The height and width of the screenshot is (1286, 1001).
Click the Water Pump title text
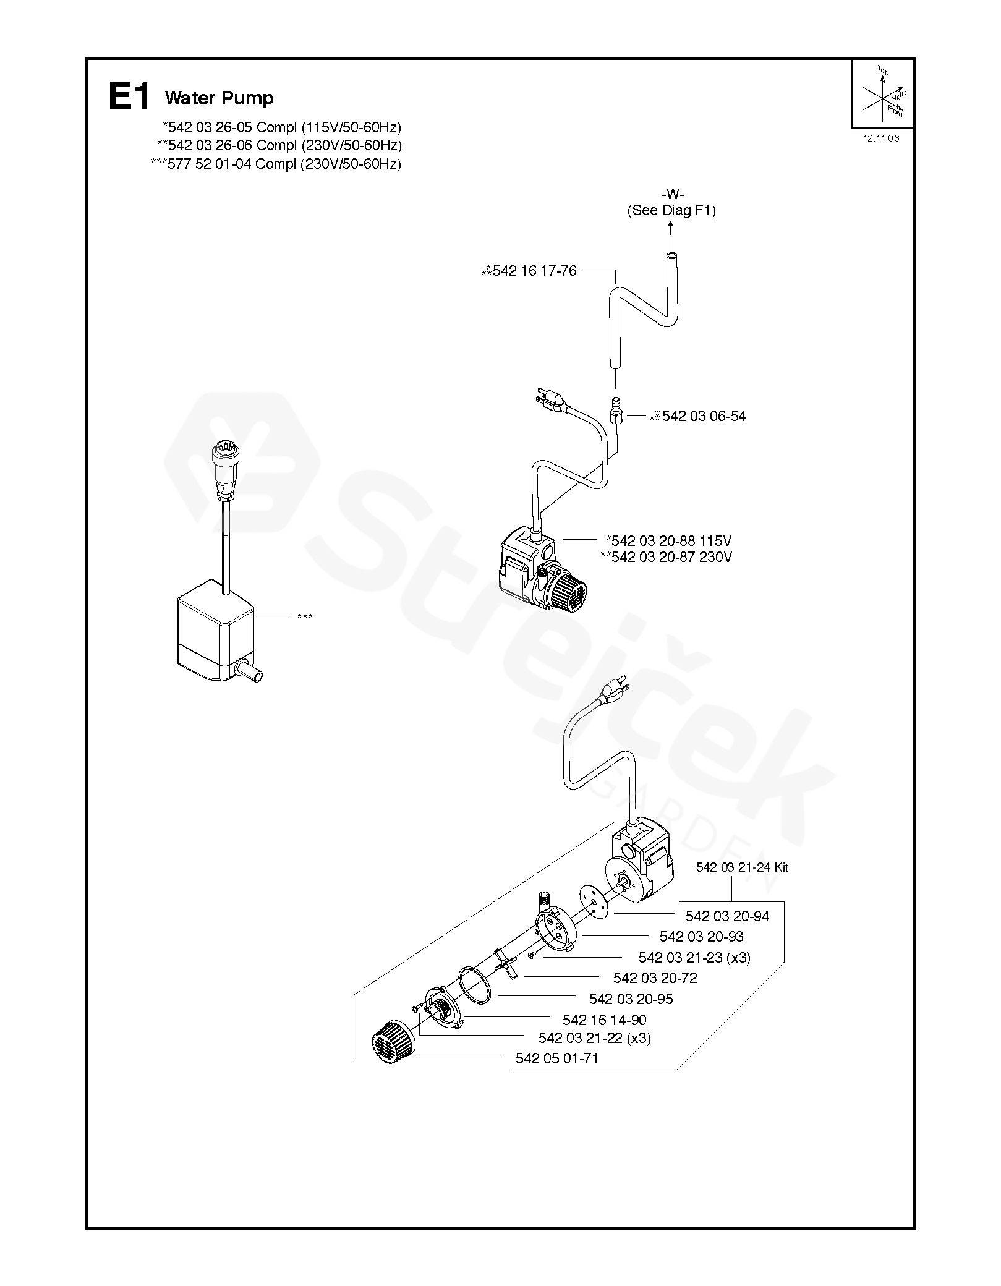pos(219,98)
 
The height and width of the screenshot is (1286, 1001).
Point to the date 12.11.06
pos(881,138)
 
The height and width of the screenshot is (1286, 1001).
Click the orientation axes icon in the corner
pos(882,93)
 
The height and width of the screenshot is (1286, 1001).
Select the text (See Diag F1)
pos(671,210)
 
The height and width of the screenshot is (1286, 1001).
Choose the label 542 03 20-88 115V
pos(669,540)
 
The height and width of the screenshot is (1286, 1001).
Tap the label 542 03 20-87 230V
pos(667,557)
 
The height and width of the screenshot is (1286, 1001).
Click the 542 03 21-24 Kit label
pos(742,867)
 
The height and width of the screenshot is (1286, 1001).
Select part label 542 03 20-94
pos(727,916)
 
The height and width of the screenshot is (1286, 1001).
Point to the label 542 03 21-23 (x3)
pos(694,957)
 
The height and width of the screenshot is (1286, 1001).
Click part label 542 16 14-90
pos(604,1020)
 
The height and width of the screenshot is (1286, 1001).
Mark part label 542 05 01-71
pos(556,1058)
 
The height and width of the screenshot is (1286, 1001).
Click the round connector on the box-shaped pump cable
pos(223,456)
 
